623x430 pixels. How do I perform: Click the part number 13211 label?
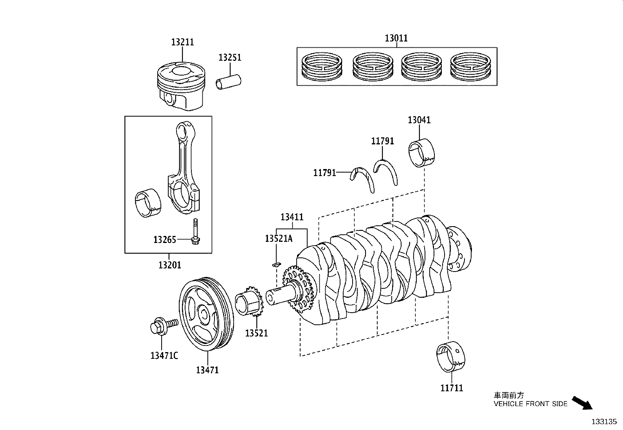[x=182, y=42]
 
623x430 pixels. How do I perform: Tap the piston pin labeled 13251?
[x=229, y=82]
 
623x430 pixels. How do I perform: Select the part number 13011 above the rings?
[x=396, y=38]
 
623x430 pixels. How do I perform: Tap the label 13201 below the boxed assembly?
[x=169, y=265]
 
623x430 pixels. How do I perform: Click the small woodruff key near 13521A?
[x=275, y=264]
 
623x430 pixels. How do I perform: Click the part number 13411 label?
[x=292, y=217]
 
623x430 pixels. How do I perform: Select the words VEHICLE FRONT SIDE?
[x=530, y=404]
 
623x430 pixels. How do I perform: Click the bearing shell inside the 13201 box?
[x=148, y=202]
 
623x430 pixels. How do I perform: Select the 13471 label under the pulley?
[x=207, y=369]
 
